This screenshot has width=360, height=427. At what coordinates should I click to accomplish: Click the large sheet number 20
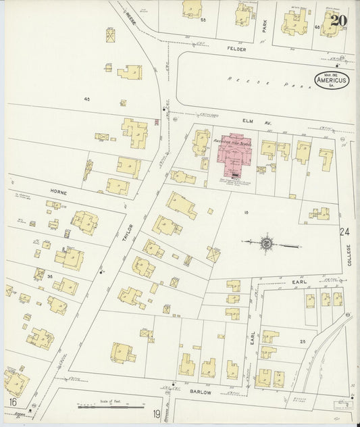click(339, 20)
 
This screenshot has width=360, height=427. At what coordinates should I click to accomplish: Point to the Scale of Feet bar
click(111, 407)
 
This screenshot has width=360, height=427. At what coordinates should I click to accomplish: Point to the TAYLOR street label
click(129, 232)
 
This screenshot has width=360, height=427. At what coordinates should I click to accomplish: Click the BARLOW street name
click(200, 391)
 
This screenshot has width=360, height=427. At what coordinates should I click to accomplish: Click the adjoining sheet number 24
click(345, 232)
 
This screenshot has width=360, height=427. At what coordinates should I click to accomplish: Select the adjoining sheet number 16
click(13, 402)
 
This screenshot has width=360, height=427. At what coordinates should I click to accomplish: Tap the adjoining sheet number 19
click(157, 413)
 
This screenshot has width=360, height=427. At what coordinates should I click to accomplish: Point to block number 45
click(87, 99)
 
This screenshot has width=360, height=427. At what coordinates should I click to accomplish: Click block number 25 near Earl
click(303, 341)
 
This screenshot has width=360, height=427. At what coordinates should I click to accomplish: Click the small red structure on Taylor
click(157, 122)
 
